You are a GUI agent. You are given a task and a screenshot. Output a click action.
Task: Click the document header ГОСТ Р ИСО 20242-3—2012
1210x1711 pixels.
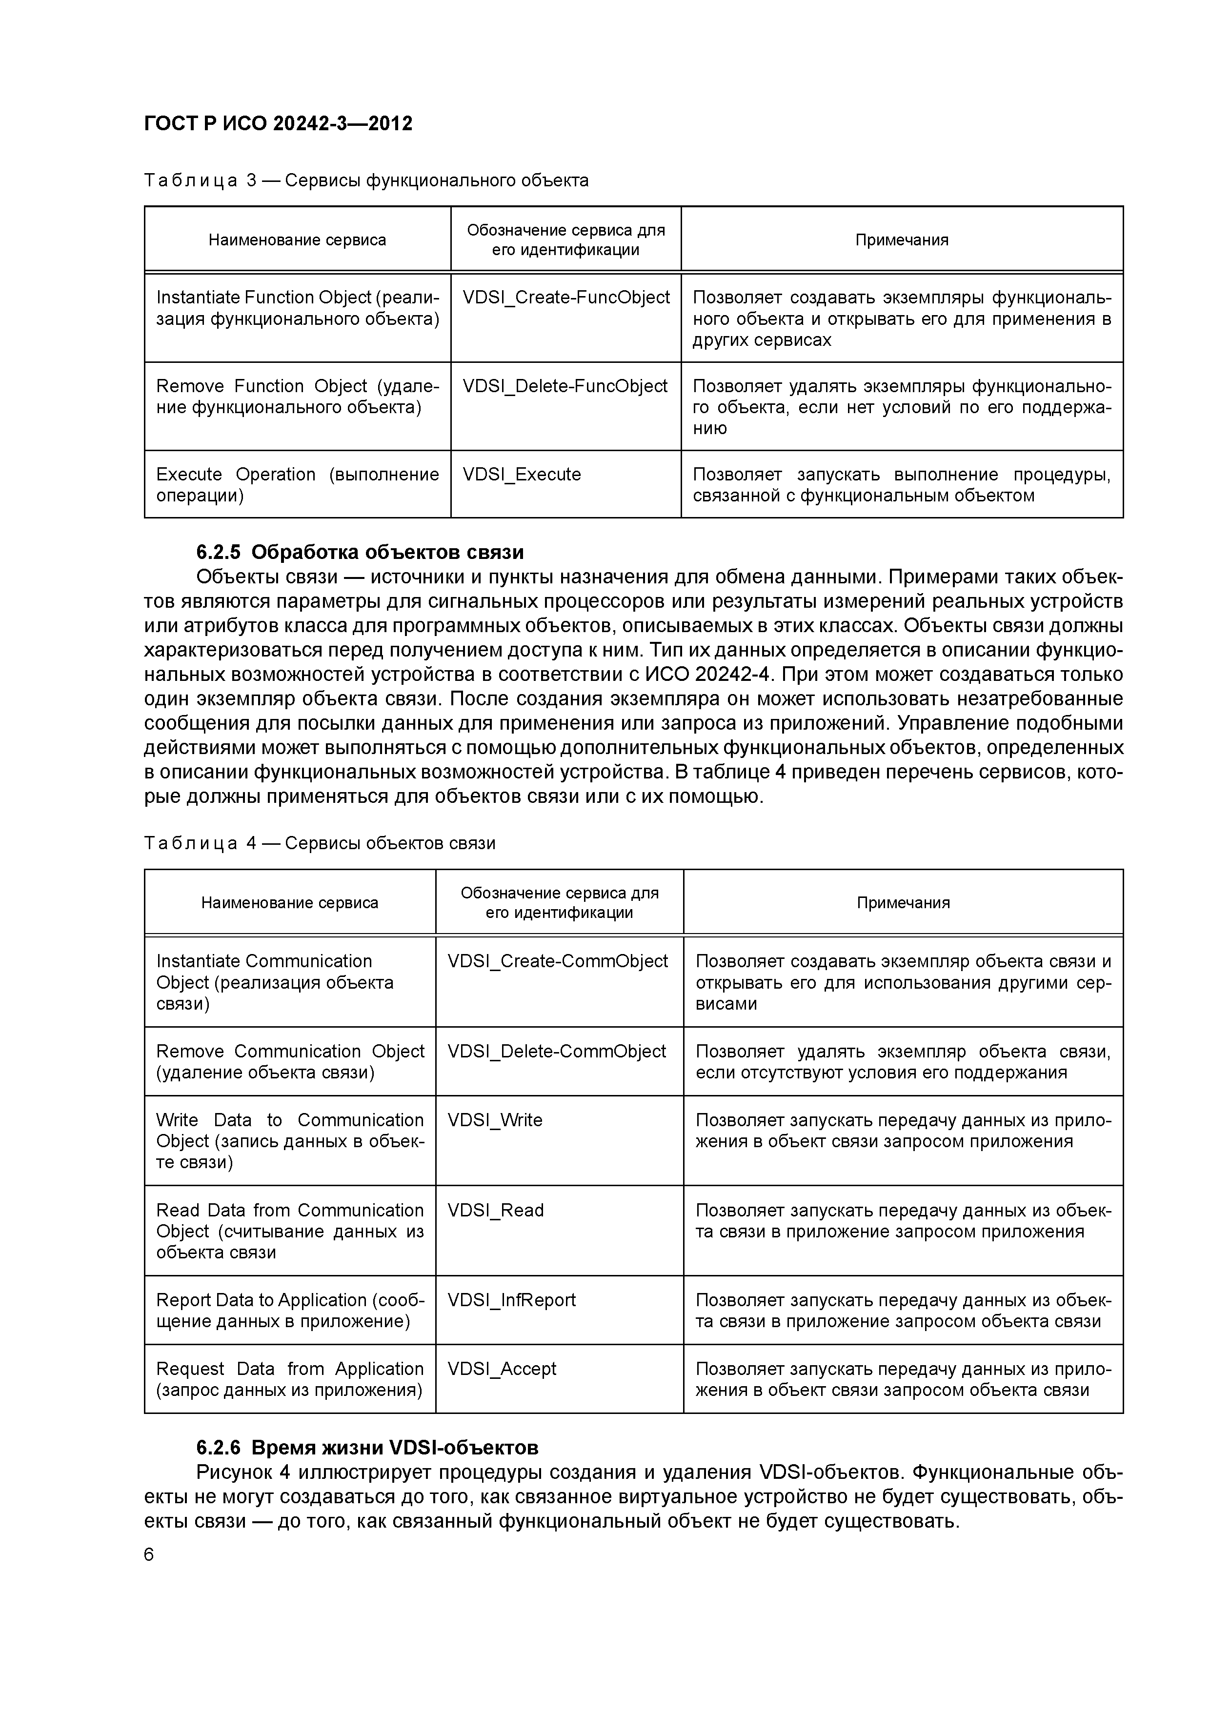[x=278, y=123]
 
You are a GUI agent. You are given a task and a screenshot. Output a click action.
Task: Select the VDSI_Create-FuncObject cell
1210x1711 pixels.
[x=566, y=298]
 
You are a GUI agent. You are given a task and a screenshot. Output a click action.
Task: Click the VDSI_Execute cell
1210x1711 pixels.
[x=522, y=475]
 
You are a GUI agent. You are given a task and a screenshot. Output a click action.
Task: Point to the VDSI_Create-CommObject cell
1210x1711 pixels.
[x=558, y=961]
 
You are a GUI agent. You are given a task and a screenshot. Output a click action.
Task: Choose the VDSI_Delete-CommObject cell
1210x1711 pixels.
[x=557, y=1052]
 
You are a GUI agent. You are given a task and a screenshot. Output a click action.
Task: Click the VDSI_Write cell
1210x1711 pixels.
[x=495, y=1120]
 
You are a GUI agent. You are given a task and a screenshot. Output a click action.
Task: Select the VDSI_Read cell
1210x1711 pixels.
[x=496, y=1210]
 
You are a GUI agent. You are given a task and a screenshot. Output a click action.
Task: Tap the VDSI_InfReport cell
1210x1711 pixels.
[x=511, y=1300]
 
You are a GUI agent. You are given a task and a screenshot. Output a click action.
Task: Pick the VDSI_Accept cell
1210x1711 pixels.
[x=502, y=1369]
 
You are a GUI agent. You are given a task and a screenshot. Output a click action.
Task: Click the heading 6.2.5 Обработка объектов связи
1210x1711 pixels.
[x=360, y=552]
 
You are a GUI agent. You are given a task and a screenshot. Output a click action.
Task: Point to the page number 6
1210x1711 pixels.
[x=149, y=1555]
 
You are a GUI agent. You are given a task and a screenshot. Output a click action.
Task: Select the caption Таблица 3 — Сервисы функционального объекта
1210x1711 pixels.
[x=366, y=180]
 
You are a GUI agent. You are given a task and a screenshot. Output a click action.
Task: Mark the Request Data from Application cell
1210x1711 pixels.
[x=289, y=1379]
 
